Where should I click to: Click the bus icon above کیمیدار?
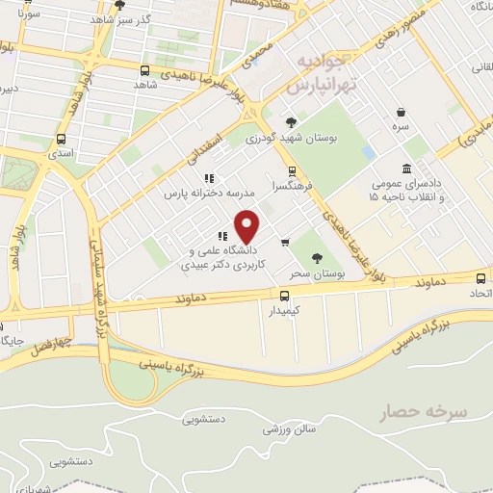(284, 296)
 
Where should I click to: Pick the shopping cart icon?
(285, 242)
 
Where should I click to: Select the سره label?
(400, 126)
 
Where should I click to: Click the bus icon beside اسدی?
(64, 137)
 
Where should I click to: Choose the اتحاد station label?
(476, 290)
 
